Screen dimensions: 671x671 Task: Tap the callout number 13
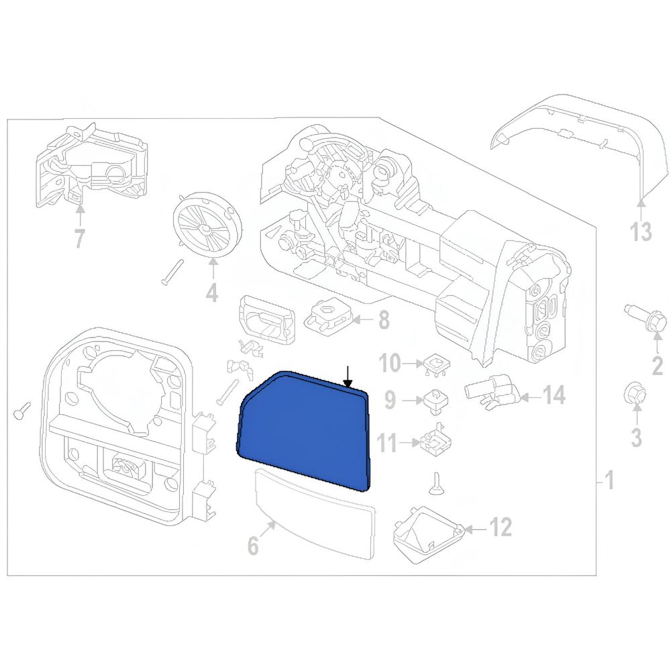[641, 231]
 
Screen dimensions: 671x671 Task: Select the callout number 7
[80, 238]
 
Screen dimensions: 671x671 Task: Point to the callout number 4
[212, 292]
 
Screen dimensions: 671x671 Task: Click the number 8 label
[383, 319]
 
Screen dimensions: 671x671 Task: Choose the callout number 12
[501, 527]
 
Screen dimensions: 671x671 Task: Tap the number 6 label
[254, 546]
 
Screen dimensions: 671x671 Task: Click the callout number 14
[554, 396]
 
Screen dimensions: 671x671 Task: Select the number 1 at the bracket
[610, 480]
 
